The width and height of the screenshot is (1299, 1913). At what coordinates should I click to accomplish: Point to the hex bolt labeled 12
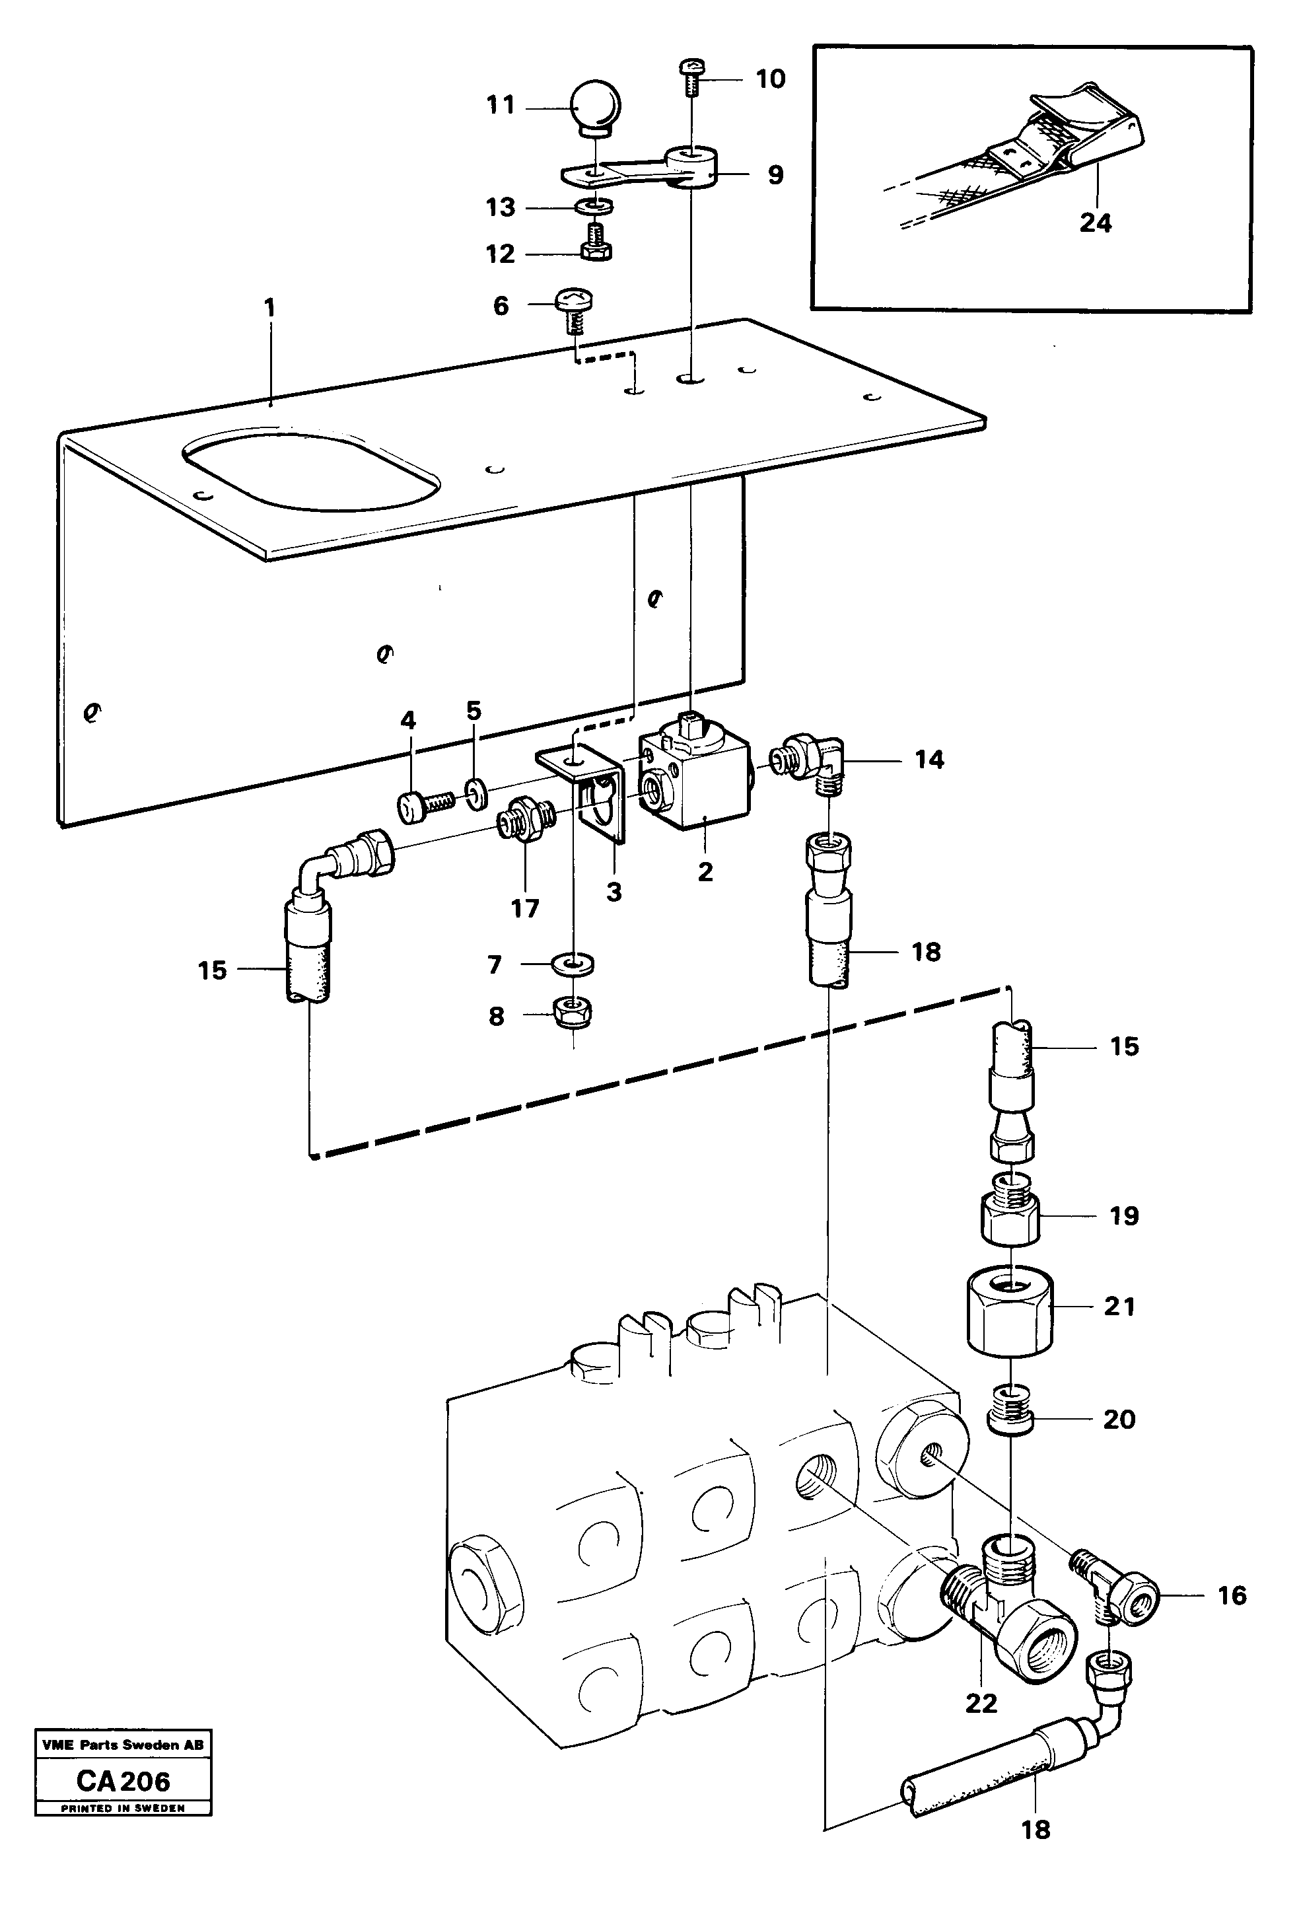pos(594,244)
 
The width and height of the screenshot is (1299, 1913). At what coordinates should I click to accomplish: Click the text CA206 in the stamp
pos(123,1780)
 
